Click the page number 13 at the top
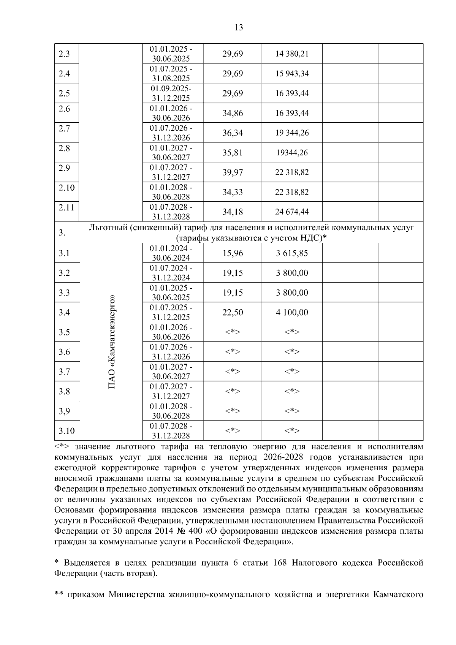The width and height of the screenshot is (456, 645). [239, 27]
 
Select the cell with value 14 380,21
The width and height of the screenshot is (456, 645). [292, 54]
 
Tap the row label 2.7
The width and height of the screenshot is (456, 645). [64, 128]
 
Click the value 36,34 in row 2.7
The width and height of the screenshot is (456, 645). [233, 133]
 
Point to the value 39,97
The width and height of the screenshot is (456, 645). [233, 172]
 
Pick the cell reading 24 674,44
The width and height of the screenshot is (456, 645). [292, 212]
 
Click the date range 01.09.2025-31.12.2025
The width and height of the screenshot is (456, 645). [171, 93]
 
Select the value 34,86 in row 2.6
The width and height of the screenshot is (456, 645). [233, 113]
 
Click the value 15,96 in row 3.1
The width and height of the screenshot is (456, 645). [233, 253]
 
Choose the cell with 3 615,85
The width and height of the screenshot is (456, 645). [292, 253]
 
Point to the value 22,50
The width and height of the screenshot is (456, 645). [233, 312]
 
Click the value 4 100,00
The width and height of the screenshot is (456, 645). [292, 312]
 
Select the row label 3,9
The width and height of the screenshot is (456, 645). [64, 411]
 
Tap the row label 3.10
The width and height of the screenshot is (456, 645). [66, 431]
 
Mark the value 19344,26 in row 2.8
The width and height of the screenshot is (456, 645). [292, 153]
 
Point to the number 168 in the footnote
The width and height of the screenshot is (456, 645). [281, 563]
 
